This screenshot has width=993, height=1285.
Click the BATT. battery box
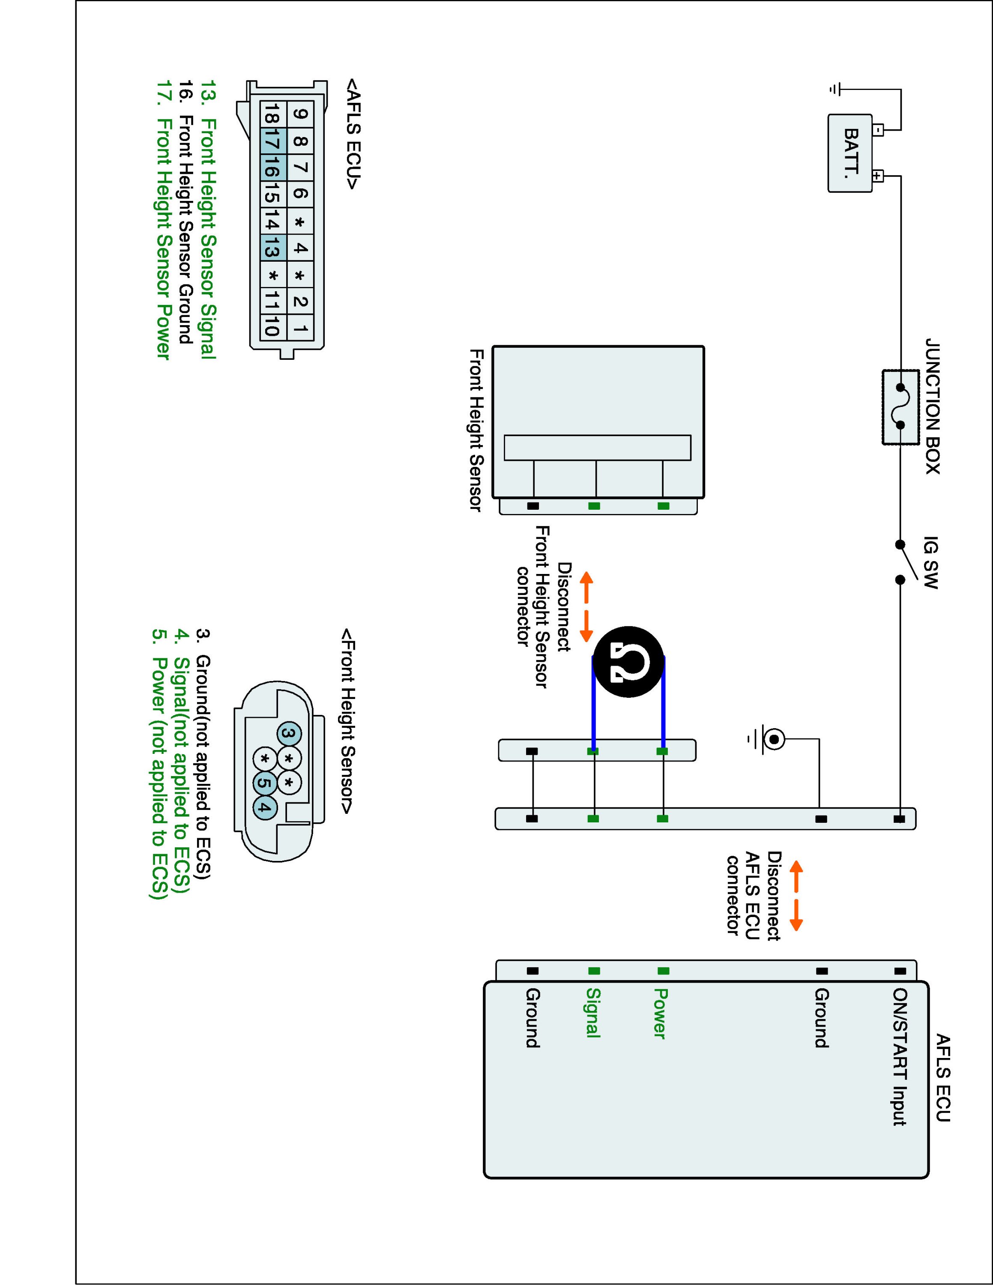tap(850, 153)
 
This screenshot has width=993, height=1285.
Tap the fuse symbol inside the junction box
tap(900, 406)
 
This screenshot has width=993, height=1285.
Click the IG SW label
tap(930, 562)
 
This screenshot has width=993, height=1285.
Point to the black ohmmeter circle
tap(628, 662)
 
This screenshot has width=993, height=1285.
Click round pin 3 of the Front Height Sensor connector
tap(289, 734)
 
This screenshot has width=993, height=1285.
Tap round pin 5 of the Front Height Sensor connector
tap(265, 783)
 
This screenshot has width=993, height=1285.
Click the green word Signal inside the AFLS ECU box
tap(593, 1013)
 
